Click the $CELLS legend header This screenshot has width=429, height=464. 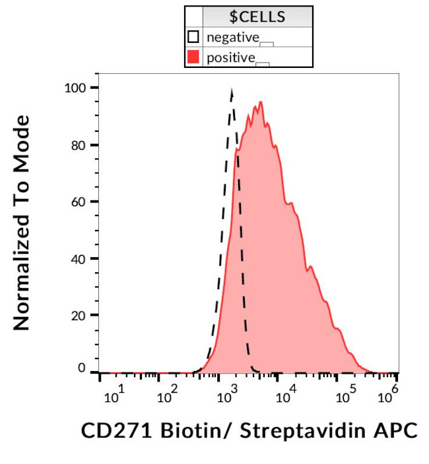[x=257, y=16]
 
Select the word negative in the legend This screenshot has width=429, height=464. [x=232, y=37]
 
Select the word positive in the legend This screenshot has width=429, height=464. [x=230, y=57]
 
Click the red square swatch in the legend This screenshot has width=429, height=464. [x=193, y=57]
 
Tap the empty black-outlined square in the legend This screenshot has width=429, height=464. [x=193, y=37]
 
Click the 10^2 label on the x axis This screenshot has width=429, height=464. [x=168, y=396]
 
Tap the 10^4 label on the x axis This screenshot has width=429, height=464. [x=285, y=396]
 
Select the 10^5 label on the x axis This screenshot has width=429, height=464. [x=343, y=396]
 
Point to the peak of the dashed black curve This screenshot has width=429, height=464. [x=232, y=90]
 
